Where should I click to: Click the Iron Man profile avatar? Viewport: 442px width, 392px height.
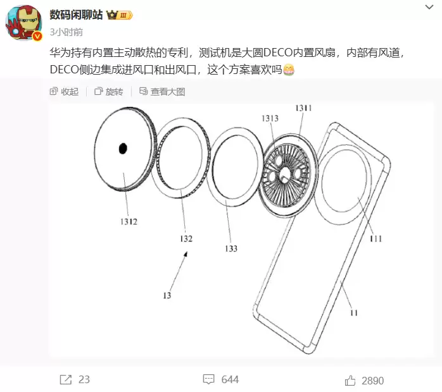23,23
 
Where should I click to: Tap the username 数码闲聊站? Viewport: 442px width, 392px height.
76,15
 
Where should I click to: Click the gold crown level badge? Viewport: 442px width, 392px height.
119,15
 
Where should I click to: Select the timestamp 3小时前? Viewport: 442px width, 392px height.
66,32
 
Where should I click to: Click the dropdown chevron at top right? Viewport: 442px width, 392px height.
429,7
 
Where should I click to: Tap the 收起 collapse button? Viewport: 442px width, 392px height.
64,92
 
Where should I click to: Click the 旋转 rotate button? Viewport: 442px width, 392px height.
109,92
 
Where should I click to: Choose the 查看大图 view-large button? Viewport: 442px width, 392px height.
162,92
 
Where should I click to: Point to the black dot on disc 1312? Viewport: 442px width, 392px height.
123,149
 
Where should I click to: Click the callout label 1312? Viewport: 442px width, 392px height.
129,222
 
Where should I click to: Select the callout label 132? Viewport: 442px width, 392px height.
186,238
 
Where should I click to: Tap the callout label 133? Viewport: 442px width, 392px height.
231,248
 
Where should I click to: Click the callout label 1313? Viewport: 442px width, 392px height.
270,118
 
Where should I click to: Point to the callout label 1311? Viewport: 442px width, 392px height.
303,107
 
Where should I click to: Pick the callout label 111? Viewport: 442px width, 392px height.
376,238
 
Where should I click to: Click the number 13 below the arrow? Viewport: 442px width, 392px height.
167,295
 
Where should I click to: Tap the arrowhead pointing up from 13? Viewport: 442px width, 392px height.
186,254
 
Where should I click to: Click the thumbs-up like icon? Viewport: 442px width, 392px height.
350,381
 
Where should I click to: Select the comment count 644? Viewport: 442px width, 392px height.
230,379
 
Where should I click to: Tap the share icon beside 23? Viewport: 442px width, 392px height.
66,379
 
